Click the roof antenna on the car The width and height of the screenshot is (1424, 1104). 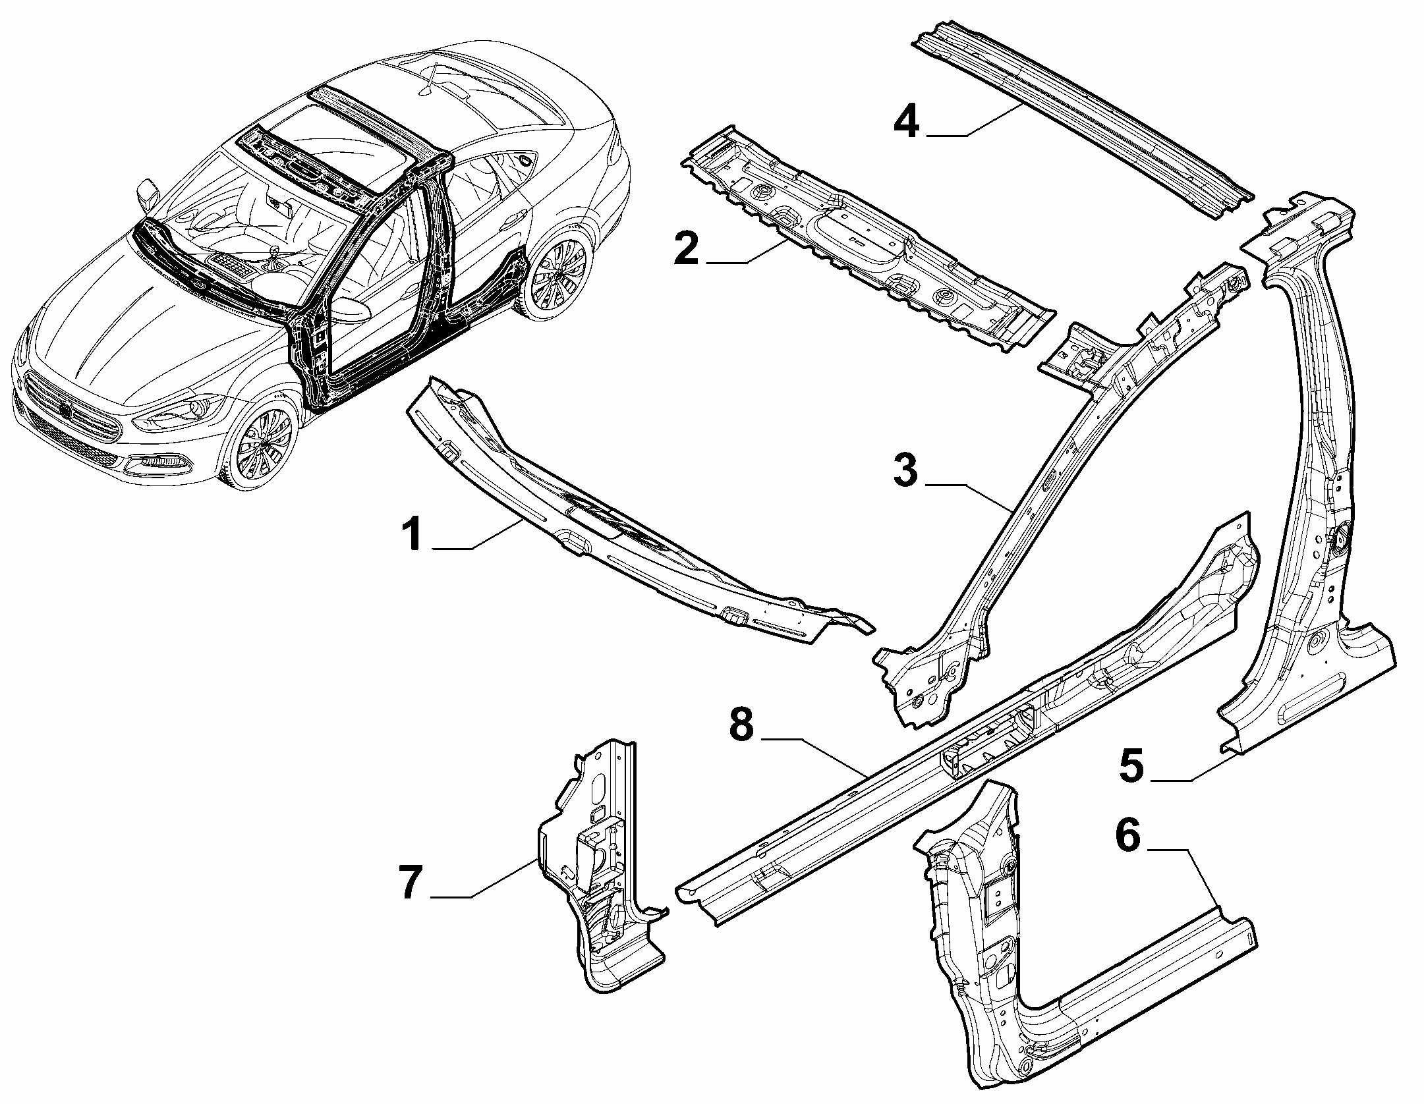pyautogui.click(x=433, y=78)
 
